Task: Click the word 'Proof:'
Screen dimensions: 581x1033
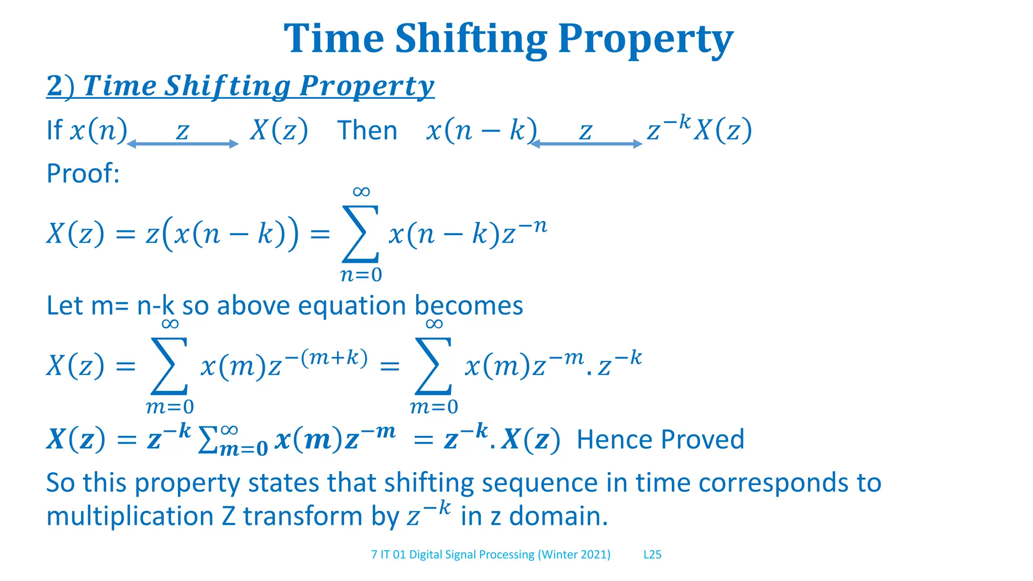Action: (83, 173)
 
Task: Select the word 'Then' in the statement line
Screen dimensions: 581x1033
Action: (367, 131)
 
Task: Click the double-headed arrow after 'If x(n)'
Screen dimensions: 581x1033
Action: (183, 144)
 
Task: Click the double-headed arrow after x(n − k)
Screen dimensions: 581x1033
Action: (586, 144)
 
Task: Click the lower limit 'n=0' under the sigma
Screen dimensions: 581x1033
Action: (361, 275)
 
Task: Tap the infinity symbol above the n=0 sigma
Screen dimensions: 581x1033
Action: (361, 192)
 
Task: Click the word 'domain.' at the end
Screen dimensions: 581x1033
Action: (558, 516)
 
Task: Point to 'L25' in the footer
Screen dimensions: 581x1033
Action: (652, 555)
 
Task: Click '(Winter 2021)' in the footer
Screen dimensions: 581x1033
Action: (574, 555)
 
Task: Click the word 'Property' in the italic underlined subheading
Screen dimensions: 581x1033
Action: (367, 86)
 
